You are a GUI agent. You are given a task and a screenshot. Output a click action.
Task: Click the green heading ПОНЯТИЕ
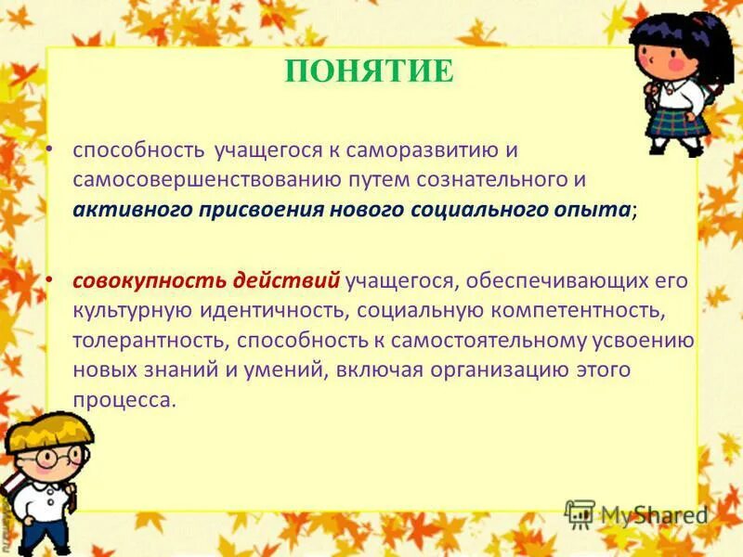[370, 71]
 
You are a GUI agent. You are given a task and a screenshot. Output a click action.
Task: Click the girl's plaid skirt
[677, 122]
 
